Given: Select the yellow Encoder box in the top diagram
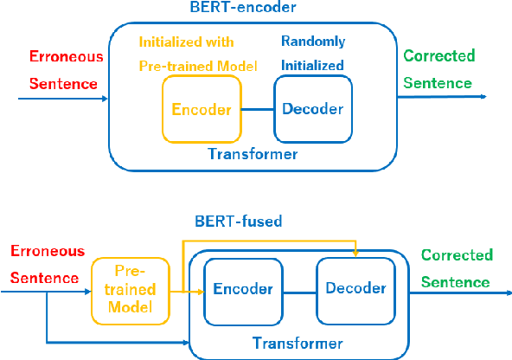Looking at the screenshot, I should click(x=202, y=109).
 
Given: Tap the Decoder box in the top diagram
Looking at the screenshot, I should click(x=313, y=109).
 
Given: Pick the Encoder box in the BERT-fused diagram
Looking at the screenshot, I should click(x=243, y=289).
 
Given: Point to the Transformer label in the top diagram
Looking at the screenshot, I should click(x=253, y=154).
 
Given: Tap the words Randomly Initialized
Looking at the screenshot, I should click(x=312, y=54).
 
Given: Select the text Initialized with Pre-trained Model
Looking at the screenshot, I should click(x=198, y=54).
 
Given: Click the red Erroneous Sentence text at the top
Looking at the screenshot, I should click(x=66, y=71).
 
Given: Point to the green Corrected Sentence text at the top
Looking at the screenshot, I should click(x=439, y=70).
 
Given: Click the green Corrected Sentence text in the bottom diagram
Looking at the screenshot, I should click(x=457, y=268).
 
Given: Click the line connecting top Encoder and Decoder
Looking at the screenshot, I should click(x=257, y=109).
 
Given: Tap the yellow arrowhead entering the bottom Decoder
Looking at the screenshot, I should click(x=356, y=253).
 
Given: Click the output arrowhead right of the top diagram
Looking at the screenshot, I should click(x=483, y=97).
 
